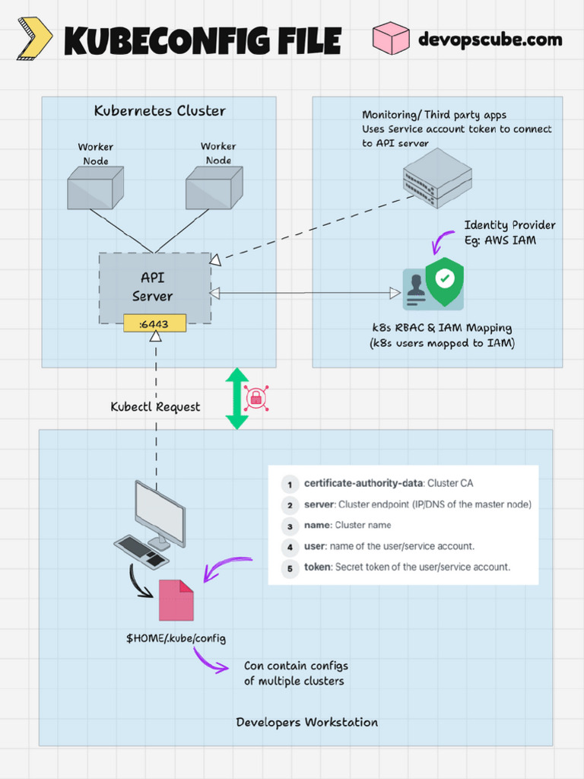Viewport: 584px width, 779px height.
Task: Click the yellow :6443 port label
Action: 155,324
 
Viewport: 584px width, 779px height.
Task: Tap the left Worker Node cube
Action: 95,189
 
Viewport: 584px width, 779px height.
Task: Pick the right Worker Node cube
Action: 214,189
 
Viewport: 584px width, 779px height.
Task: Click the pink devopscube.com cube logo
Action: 391,38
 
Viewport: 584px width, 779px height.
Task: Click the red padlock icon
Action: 256,398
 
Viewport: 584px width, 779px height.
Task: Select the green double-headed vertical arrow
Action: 237,399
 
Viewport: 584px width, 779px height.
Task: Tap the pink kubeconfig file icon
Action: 176,599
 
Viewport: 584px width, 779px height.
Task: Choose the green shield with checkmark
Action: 445,281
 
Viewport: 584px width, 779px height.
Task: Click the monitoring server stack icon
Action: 437,178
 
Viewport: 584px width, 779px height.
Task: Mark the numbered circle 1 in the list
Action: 289,484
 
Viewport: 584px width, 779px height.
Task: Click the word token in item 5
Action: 318,567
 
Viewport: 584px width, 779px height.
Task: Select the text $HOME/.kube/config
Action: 176,638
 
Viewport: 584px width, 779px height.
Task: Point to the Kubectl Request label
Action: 155,407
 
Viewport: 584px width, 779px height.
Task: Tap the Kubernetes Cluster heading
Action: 160,111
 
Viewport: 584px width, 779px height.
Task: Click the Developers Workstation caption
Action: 306,722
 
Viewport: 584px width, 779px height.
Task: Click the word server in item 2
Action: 319,504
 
